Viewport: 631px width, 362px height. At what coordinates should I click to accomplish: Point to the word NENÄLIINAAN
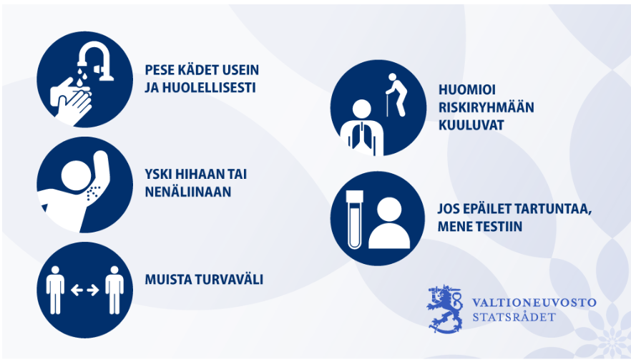pyautogui.click(x=188, y=192)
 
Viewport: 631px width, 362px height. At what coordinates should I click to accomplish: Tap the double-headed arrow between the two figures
pyautogui.click(x=84, y=290)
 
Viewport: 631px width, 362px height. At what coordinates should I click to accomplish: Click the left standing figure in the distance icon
pyautogui.click(x=55, y=290)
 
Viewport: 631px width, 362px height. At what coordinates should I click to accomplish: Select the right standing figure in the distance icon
pyautogui.click(x=114, y=290)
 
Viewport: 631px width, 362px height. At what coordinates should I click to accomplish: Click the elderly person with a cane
pyautogui.click(x=396, y=95)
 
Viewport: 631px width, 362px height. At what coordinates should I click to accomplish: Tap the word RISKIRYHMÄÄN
pyautogui.click(x=486, y=107)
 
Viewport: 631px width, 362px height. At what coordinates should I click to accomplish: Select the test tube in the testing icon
pyautogui.click(x=355, y=219)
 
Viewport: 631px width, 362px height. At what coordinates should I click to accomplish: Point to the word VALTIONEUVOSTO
pyautogui.click(x=534, y=303)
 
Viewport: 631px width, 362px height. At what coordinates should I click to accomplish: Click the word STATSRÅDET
pyautogui.click(x=514, y=317)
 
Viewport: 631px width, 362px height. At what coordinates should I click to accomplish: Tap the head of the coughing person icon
pyautogui.click(x=77, y=175)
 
